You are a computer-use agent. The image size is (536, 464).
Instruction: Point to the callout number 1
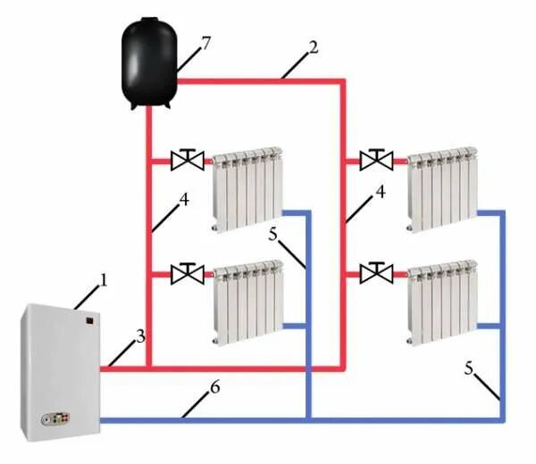pos(104,281)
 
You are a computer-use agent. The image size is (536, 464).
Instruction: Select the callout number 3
pos(139,336)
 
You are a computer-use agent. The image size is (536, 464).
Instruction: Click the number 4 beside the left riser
pos(184,200)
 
